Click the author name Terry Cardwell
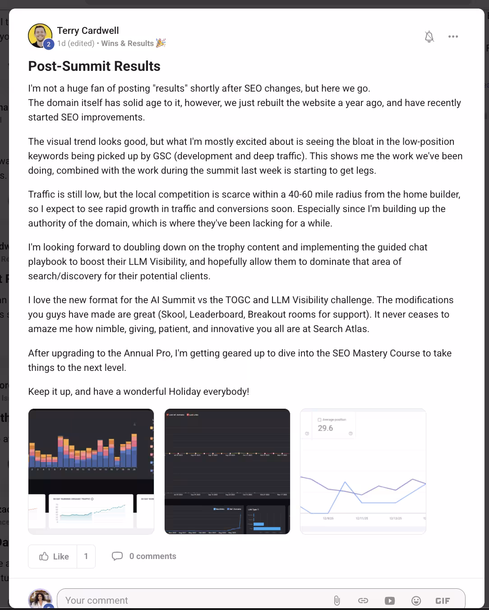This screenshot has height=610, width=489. (88, 31)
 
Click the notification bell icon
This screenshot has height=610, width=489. (429, 37)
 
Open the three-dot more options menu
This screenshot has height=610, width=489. (453, 37)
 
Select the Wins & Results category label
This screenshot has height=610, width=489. (127, 43)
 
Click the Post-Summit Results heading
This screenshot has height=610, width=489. (94, 66)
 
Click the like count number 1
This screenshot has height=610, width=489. (86, 556)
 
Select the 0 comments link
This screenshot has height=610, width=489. (144, 556)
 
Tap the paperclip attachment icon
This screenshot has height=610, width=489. (337, 600)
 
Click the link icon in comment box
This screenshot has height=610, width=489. (363, 600)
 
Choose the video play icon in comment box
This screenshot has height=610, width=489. (389, 600)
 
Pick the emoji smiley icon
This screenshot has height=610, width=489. (416, 600)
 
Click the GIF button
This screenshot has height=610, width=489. (443, 600)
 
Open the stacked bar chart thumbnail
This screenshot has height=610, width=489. (91, 471)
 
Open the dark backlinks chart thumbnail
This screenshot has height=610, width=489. (227, 471)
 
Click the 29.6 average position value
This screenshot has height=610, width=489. (325, 428)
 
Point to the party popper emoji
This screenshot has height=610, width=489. (161, 43)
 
